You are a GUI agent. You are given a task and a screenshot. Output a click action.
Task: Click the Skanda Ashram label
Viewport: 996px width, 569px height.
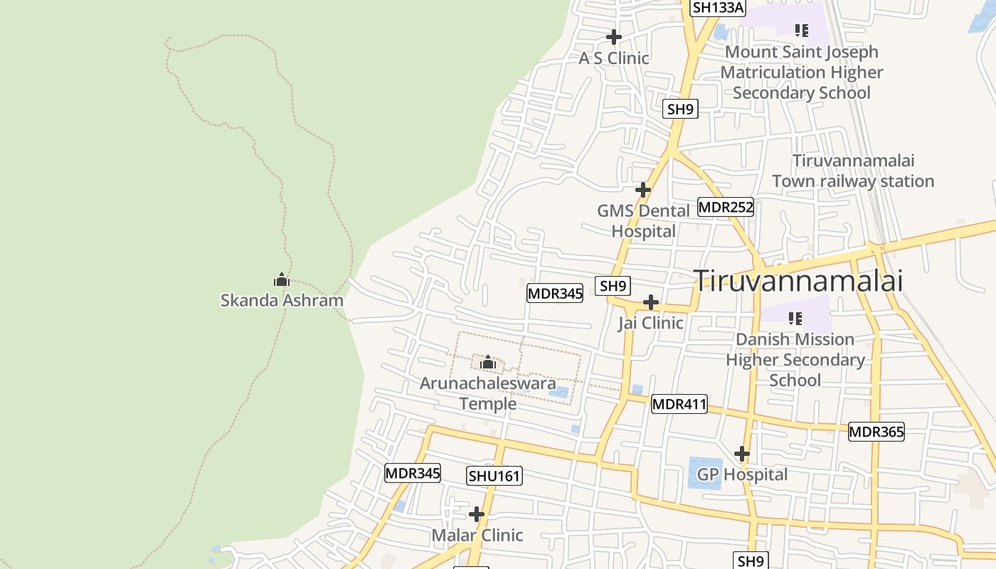[282, 300]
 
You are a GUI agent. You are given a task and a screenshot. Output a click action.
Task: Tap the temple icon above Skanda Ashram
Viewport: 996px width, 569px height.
[282, 280]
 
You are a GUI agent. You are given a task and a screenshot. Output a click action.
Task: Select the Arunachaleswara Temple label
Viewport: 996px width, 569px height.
[488, 393]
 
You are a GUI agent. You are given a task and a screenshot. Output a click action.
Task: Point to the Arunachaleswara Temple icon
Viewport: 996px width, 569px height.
[488, 363]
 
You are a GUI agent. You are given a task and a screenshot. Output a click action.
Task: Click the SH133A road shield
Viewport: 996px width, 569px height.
[718, 8]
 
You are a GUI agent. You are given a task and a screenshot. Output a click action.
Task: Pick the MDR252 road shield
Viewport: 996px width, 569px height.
[725, 207]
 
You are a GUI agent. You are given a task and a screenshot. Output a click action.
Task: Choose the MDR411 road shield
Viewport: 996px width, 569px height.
[679, 404]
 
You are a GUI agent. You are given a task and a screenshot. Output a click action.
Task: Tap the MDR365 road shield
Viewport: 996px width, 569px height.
[876, 432]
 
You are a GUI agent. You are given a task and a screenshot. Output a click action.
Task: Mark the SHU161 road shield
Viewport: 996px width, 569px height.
[494, 476]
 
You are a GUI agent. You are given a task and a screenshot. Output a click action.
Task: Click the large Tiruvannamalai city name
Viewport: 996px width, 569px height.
[798, 280]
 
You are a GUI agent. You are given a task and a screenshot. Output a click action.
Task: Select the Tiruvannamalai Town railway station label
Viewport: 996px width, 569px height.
[853, 171]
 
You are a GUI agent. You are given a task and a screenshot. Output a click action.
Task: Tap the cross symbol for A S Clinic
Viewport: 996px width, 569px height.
[614, 37]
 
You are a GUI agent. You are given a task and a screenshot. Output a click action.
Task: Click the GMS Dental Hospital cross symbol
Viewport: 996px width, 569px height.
[643, 190]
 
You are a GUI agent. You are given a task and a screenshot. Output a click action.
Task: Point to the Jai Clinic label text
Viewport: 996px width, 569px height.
[650, 323]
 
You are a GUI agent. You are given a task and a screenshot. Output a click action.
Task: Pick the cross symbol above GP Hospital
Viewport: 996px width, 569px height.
[742, 454]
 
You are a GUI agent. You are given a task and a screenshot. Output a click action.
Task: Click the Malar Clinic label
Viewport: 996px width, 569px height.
[477, 535]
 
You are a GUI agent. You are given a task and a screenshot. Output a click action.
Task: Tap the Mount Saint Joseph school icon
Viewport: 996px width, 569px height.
[802, 30]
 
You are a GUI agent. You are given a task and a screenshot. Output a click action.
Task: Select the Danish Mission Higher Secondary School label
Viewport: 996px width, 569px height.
[795, 360]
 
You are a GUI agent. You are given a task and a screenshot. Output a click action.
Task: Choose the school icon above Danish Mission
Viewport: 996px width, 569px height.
[795, 319]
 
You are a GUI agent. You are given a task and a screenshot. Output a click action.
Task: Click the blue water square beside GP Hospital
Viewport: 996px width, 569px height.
[704, 473]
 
